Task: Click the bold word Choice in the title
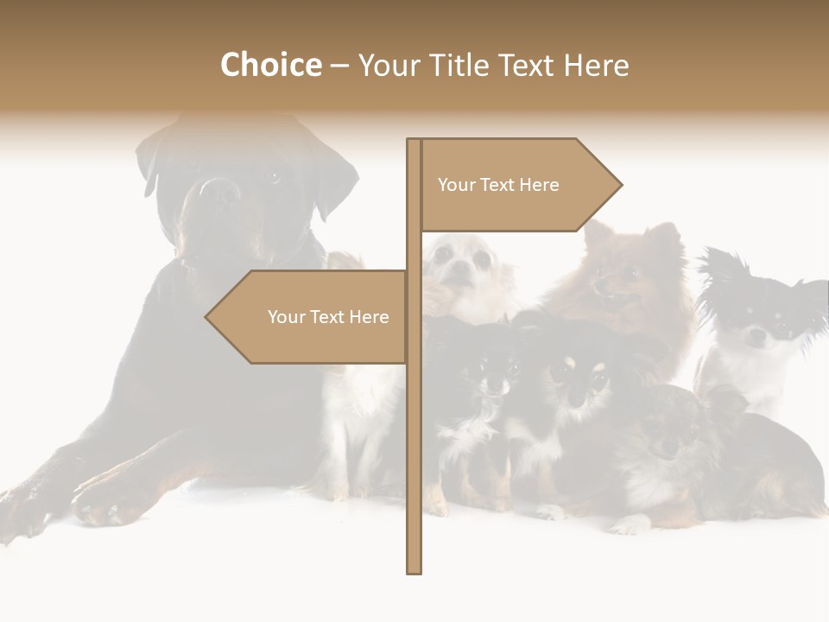pyautogui.click(x=270, y=65)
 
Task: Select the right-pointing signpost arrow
pyautogui.click(x=518, y=185)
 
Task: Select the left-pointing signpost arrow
pyautogui.click(x=311, y=317)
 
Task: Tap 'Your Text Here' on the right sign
pyautogui.click(x=498, y=185)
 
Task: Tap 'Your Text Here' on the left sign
pyautogui.click(x=328, y=317)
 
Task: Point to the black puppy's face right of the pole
pyautogui.click(x=489, y=376)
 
